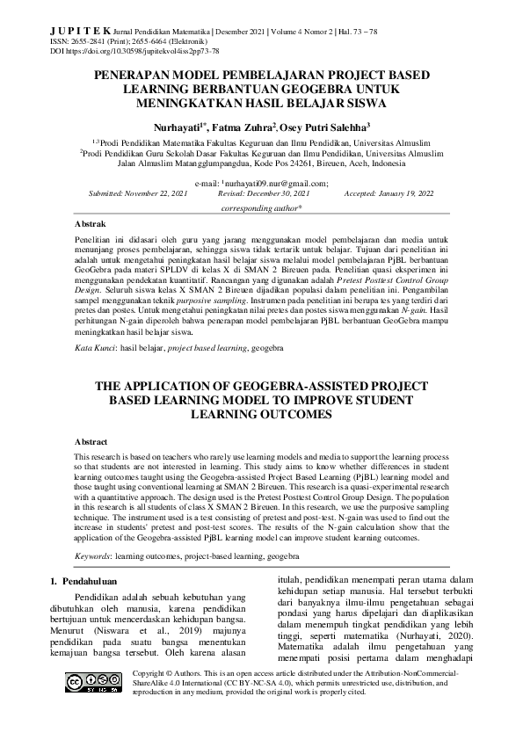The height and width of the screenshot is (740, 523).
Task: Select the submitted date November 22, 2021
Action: pos(155,192)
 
